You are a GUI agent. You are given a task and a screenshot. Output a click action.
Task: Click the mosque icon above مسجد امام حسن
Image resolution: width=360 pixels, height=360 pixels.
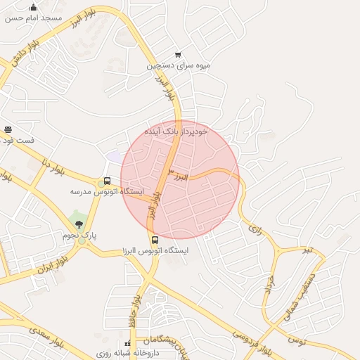[x=33, y=8]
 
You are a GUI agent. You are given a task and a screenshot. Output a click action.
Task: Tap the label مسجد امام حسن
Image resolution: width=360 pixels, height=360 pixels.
[x=33, y=18]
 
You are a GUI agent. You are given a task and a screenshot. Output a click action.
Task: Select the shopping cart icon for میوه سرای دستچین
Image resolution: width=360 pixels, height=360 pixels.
[x=178, y=55]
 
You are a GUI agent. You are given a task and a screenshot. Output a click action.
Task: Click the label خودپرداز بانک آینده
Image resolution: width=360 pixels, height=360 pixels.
[x=176, y=131]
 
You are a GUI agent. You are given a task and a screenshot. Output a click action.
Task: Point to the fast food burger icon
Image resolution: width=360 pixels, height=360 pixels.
[x=8, y=130]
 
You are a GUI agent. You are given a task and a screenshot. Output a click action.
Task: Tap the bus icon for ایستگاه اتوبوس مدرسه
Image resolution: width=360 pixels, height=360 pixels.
[x=107, y=181]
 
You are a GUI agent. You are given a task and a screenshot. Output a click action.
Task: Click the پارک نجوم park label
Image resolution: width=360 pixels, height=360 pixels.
[x=78, y=235]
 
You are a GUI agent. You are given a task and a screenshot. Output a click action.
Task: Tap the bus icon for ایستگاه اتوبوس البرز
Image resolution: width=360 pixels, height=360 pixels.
[x=155, y=240]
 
